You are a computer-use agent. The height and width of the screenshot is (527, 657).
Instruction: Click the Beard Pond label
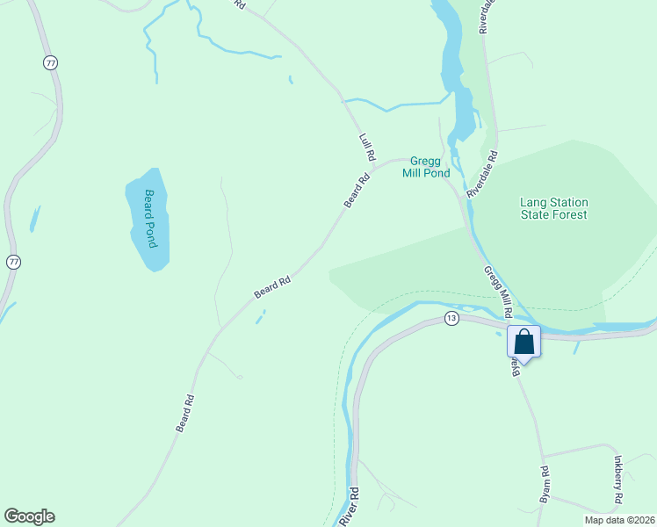coord(149,218)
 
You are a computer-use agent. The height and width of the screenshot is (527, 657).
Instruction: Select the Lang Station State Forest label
coord(553,208)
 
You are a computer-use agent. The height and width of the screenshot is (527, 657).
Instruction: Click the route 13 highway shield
coord(451,318)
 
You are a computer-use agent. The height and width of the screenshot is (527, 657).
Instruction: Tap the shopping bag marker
coord(523,342)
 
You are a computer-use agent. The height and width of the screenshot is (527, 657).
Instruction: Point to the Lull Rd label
coord(367,147)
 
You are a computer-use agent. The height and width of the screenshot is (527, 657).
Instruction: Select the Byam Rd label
coord(545,484)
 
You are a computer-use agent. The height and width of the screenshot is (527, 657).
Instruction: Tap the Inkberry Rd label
coord(618,479)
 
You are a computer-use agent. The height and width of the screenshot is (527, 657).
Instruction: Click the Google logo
coord(29,516)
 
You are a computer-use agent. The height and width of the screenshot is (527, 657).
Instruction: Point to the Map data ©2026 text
coord(618,520)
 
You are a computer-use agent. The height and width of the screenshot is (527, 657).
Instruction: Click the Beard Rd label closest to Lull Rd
coord(357,190)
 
